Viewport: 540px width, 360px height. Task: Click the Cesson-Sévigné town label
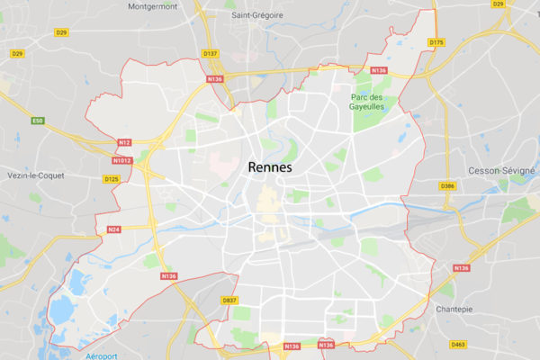pyautogui.click(x=501, y=170)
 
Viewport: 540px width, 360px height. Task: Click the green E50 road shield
pyautogui.click(x=38, y=121)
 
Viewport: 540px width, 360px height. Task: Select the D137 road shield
pyautogui.click(x=211, y=54)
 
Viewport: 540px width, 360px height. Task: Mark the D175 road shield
pyautogui.click(x=437, y=42)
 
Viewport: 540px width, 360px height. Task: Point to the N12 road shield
pyautogui.click(x=125, y=141)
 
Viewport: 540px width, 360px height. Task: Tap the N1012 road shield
pyautogui.click(x=123, y=161)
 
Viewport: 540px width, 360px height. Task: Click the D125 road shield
pyautogui.click(x=111, y=179)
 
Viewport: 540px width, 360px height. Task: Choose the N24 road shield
pyautogui.click(x=114, y=229)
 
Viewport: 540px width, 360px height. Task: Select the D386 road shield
pyautogui.click(x=448, y=186)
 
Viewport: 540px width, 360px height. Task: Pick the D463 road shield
pyautogui.click(x=459, y=344)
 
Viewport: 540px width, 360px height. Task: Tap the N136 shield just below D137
pyautogui.click(x=214, y=79)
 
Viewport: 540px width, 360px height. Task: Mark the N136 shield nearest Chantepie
pyautogui.click(x=462, y=267)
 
